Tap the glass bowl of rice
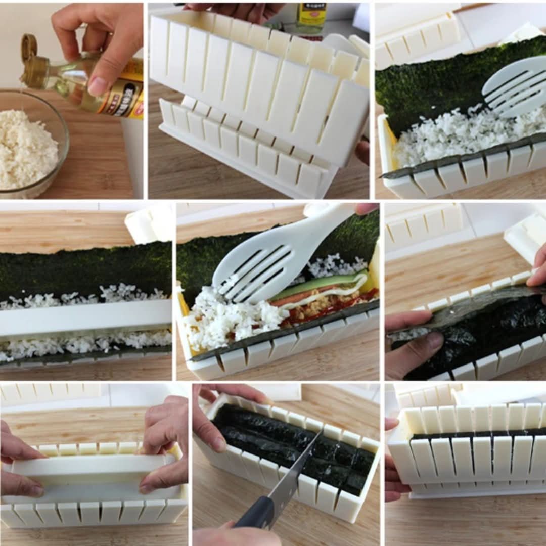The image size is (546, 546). point(30,152)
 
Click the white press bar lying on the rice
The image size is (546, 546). point(86,316)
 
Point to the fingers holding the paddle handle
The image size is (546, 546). point(367,208)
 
